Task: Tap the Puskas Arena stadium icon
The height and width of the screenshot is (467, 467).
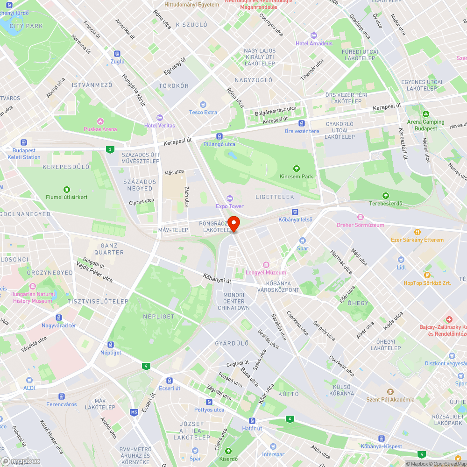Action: pos(100,121)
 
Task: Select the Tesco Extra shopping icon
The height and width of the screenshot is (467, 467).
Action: pos(203,104)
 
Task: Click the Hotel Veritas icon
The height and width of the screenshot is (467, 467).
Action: pos(160,117)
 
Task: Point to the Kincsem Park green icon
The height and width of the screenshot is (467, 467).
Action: pos(296,169)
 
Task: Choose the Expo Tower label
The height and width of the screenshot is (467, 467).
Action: pos(230,206)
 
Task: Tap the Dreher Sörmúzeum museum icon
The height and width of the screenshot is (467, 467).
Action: pos(360,217)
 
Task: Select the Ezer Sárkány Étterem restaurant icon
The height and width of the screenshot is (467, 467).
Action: pos(417,232)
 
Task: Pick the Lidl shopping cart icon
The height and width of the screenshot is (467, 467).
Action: pos(401,260)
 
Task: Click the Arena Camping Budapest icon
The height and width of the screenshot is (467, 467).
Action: pos(425,114)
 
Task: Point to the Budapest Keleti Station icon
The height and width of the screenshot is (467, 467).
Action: pos(24,142)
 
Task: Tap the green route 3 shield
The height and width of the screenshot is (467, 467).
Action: pos(110,149)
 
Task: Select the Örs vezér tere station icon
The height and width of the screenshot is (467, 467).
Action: pos(302,123)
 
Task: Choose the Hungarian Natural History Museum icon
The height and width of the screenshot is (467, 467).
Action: pos(32,286)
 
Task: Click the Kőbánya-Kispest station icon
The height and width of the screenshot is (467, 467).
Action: pos(381,439)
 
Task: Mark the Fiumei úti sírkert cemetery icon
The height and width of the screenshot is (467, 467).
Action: pos(67,189)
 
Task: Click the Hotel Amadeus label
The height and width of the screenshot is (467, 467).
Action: pos(318,43)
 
